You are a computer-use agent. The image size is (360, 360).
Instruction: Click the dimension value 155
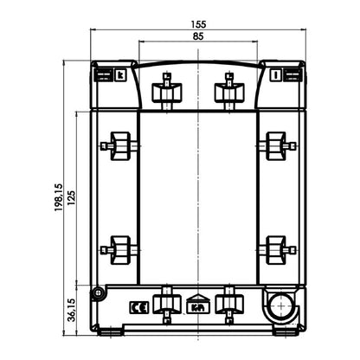tap(198, 26)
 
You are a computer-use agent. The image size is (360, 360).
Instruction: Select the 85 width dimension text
tap(198, 38)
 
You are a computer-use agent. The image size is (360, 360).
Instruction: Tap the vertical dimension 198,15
tap(57, 196)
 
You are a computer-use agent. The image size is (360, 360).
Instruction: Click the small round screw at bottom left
tap(100, 293)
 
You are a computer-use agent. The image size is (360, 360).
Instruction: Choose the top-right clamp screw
tap(228, 88)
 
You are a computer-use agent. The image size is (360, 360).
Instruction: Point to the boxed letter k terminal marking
tap(120, 75)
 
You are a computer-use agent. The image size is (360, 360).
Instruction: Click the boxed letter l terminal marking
tap(274, 75)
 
